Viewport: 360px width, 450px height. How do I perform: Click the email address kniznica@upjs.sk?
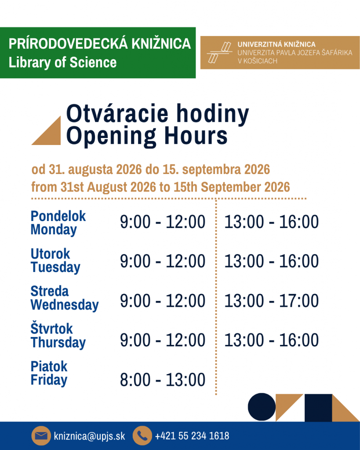pyautogui.click(x=89, y=436)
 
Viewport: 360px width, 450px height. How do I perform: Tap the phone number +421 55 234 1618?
pyautogui.click(x=192, y=435)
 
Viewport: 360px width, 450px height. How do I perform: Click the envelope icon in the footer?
pyautogui.click(x=41, y=435)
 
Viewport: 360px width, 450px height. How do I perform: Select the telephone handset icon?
pyautogui.click(x=142, y=435)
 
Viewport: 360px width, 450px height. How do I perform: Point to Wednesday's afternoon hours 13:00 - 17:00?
pyautogui.click(x=271, y=301)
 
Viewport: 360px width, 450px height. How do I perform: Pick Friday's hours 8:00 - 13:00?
pyautogui.click(x=163, y=380)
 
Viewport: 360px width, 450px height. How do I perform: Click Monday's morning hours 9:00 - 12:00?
pyautogui.click(x=163, y=222)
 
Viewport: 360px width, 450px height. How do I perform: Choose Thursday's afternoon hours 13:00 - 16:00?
pyautogui.click(x=271, y=340)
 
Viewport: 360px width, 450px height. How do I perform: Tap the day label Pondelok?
pyautogui.click(x=58, y=216)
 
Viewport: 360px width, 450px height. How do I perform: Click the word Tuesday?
pyautogui.click(x=55, y=267)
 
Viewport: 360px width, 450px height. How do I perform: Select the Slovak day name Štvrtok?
pyautogui.click(x=52, y=328)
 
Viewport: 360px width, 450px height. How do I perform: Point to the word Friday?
pyautogui.click(x=49, y=380)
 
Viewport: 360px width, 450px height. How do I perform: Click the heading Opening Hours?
pyautogui.click(x=147, y=136)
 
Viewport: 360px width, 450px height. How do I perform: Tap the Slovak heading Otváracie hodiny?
pyautogui.click(x=157, y=114)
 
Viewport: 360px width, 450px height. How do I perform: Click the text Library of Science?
pyautogui.click(x=62, y=62)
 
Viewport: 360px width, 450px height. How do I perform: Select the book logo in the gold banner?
pyautogui.click(x=219, y=53)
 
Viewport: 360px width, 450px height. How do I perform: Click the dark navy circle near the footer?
pyautogui.click(x=262, y=407)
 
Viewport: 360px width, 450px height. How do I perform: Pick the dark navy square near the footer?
pyautogui.click(x=318, y=408)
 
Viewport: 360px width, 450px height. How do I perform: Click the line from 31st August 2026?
pyautogui.click(x=160, y=187)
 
